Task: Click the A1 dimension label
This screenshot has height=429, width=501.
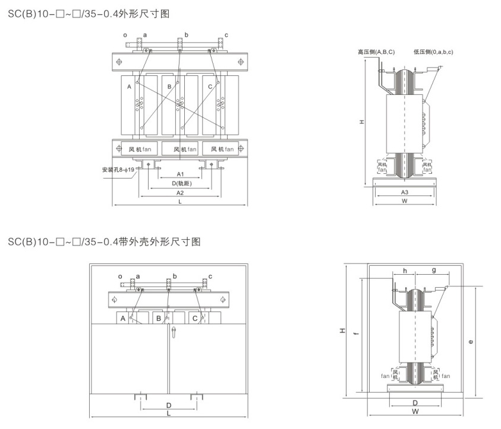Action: [180, 174]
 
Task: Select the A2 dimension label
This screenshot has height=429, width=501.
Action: [180, 193]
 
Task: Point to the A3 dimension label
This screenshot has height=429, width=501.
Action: [404, 192]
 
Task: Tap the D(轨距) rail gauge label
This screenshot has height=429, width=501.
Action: [180, 184]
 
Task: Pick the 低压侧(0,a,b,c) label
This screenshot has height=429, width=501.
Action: [434, 52]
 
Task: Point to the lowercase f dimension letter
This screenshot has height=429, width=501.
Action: [355, 335]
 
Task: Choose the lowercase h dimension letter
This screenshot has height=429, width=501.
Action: [405, 270]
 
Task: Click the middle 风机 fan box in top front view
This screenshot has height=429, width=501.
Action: [179, 148]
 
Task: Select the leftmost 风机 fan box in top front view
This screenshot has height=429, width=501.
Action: [140, 148]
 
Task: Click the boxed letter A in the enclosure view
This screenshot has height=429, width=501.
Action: [122, 319]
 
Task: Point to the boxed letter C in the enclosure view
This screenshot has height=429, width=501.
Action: [195, 319]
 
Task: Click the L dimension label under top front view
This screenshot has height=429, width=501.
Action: [180, 202]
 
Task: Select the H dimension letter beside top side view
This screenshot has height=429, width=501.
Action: [362, 123]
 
